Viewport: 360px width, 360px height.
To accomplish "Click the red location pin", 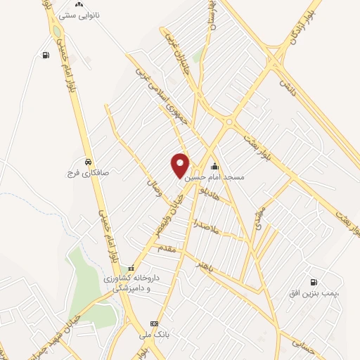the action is pyautogui.click(x=180, y=165).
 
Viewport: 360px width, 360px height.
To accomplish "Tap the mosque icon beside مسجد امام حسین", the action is pyautogui.click(x=215, y=167).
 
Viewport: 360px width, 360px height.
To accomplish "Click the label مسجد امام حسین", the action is pyautogui.click(x=215, y=178).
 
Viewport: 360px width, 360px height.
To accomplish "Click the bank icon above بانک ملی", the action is pyautogui.click(x=154, y=324).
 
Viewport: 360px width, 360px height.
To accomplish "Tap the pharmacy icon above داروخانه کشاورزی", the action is pyautogui.click(x=131, y=267).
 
